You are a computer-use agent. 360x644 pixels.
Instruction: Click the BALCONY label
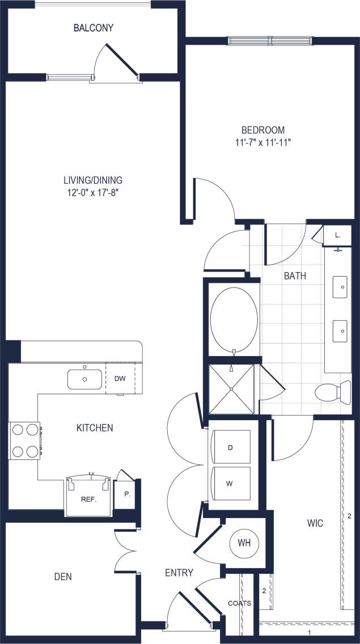[x=94, y=27]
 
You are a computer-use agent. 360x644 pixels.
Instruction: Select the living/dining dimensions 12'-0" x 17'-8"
[x=92, y=193]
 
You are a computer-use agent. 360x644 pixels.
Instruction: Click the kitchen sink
[x=84, y=379]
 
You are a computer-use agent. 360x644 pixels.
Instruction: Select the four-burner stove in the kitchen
[x=24, y=441]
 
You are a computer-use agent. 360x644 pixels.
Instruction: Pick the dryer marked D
[x=230, y=448]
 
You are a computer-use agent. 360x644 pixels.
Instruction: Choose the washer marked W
[x=230, y=484]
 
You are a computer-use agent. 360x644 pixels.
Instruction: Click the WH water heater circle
[x=243, y=543]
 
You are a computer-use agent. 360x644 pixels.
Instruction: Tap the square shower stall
[x=233, y=388]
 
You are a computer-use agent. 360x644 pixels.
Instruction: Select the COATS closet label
[x=239, y=603]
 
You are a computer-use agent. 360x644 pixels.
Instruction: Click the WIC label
[x=315, y=523]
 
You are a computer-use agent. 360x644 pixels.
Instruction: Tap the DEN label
[x=63, y=577]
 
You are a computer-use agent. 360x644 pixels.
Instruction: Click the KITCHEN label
[x=95, y=427]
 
